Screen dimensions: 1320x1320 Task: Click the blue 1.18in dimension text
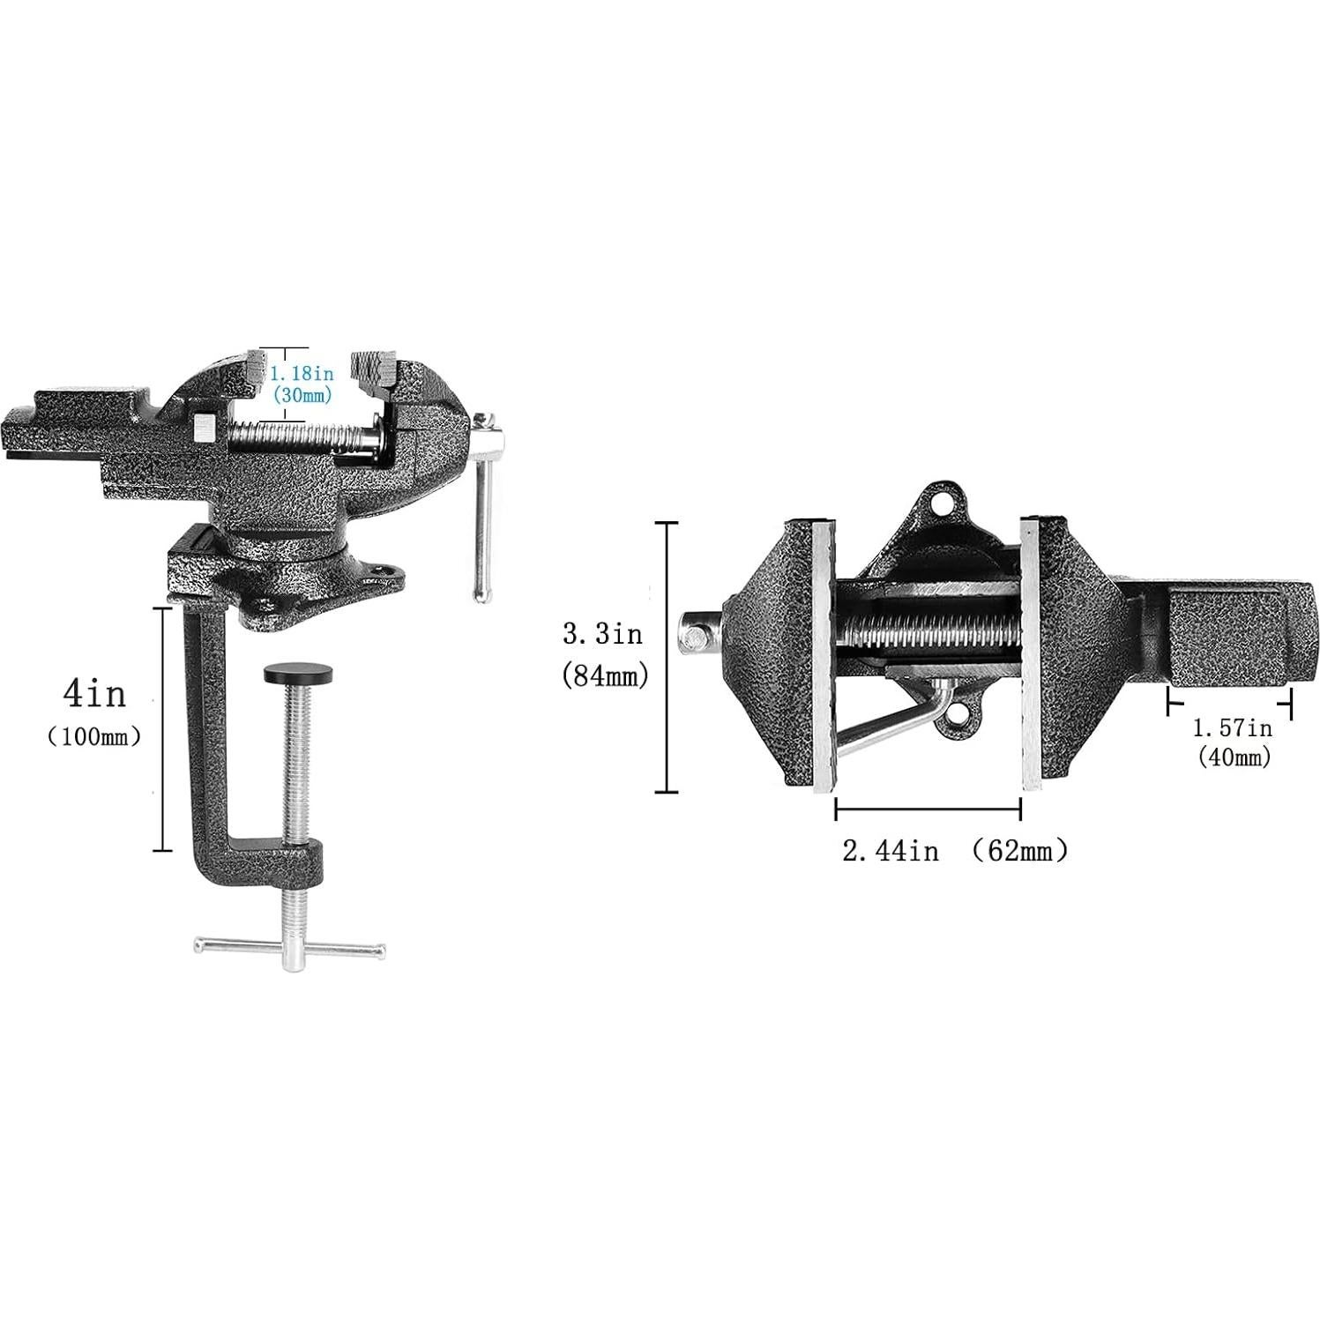coord(302,374)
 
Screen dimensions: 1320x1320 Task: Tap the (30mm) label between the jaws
coord(302,396)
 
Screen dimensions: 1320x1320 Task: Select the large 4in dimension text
coord(94,695)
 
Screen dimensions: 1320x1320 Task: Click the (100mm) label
coord(94,737)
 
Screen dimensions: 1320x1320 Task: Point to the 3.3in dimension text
coord(603,633)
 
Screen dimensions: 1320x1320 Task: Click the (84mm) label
coord(605,675)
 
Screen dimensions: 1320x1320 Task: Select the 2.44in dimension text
coord(891,851)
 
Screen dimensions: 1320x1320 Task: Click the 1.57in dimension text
coord(1232,728)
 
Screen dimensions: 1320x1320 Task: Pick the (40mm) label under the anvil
coord(1234,757)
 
